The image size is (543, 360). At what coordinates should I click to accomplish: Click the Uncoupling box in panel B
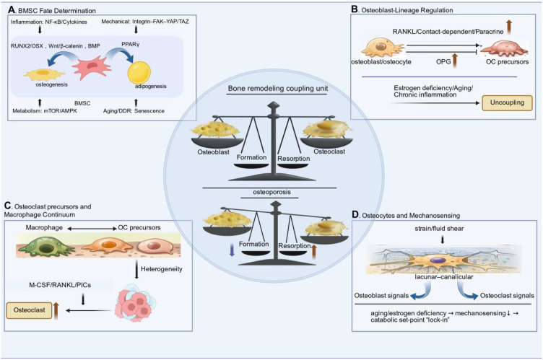point(507,103)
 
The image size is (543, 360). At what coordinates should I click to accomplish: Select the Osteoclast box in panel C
point(29,310)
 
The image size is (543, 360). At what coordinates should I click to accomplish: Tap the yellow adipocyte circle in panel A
point(139,73)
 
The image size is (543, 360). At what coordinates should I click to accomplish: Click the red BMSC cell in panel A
point(92,68)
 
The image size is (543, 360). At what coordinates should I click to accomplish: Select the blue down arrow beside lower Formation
point(232,250)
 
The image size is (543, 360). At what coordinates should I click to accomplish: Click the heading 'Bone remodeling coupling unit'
point(278,88)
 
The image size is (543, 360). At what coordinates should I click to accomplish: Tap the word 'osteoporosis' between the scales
point(271,192)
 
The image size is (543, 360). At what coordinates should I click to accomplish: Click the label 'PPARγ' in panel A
point(131,45)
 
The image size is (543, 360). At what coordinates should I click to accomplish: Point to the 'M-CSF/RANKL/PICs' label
point(60,285)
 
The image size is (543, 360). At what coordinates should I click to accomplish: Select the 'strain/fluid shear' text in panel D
point(439,229)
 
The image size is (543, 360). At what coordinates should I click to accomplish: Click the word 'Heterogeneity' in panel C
point(161,269)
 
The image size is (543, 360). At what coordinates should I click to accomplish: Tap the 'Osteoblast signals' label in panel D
point(381,296)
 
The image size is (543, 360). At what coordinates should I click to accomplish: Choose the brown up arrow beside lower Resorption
point(314,252)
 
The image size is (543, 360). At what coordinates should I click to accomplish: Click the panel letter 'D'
point(355,214)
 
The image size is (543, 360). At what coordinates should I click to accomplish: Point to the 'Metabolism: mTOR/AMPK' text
point(45,111)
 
